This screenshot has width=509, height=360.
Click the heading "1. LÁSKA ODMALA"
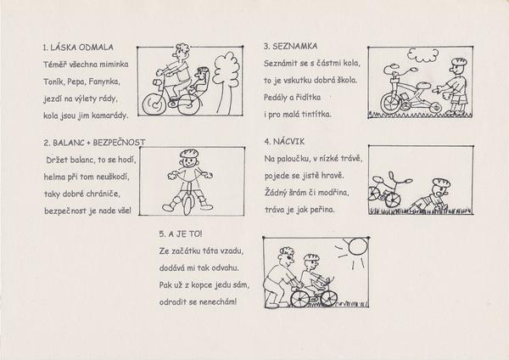click(x=78, y=48)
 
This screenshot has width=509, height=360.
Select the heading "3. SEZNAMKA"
click(x=290, y=47)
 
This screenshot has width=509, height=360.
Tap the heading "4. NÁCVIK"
click(x=285, y=142)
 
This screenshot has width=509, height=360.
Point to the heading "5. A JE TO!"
click(x=181, y=234)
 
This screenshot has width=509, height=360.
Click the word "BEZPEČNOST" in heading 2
click(x=119, y=143)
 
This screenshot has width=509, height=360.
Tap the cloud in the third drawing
click(x=423, y=55)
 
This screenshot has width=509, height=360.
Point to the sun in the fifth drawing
click(x=357, y=246)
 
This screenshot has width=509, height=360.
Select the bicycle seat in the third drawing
click(x=422, y=86)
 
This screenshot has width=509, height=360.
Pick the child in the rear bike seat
click(x=200, y=82)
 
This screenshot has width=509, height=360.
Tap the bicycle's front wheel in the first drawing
click(x=154, y=104)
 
